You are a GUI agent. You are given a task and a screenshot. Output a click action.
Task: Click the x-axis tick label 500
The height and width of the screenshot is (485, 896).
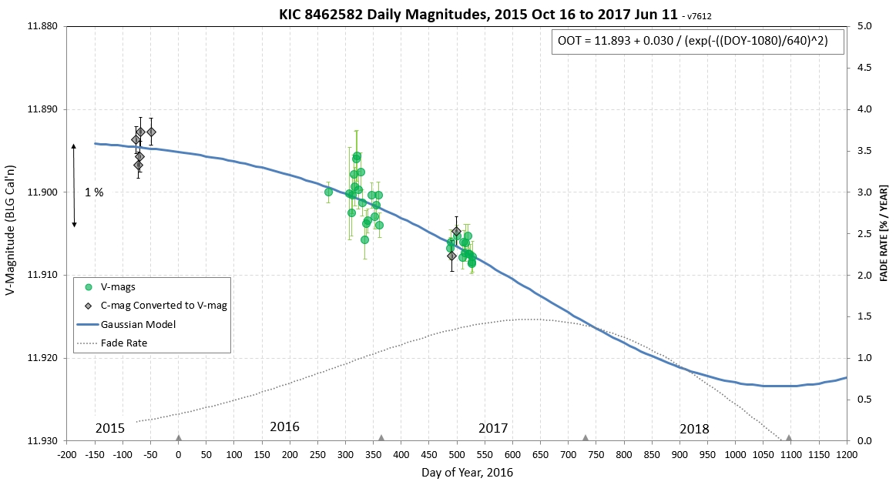456,455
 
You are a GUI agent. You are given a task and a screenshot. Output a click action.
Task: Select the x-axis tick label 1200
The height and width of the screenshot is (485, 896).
846,455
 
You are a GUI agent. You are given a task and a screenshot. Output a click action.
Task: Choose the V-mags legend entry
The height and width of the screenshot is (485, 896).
119,287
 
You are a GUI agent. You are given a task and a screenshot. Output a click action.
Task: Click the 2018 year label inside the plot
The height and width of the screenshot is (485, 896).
694,429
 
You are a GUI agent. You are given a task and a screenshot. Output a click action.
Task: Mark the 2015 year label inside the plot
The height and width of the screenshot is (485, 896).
110,428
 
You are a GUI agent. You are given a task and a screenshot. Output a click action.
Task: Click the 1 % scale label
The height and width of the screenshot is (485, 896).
94,192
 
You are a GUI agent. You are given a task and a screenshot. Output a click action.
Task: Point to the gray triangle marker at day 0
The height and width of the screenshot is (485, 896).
178,438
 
